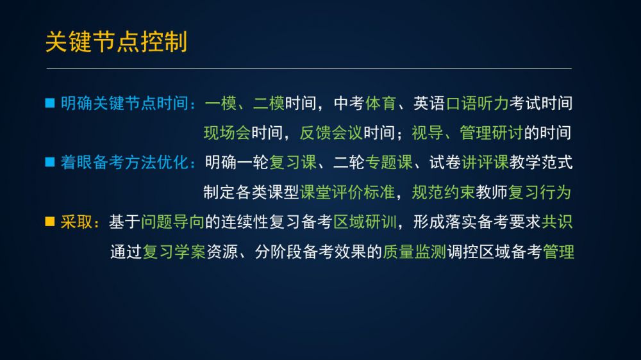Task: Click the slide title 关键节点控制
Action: click(116, 42)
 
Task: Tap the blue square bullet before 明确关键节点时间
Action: click(50, 103)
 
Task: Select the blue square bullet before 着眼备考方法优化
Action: click(50, 162)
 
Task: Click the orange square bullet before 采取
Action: click(50, 222)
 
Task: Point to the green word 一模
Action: click(221, 103)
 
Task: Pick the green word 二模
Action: click(269, 103)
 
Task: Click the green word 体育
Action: click(381, 103)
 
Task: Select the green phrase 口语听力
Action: click(477, 103)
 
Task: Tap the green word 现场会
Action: click(227, 133)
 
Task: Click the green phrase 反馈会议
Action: click(331, 133)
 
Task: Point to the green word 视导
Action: click(427, 133)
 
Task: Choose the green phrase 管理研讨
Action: click(492, 133)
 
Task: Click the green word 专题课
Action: click(389, 163)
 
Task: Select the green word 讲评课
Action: click(485, 163)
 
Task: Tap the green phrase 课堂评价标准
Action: click(347, 192)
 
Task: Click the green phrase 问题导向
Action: click(172, 222)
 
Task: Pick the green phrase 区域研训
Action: click(365, 222)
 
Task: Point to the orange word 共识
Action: click(557, 222)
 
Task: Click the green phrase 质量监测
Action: click(414, 252)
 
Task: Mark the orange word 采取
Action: click(76, 222)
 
